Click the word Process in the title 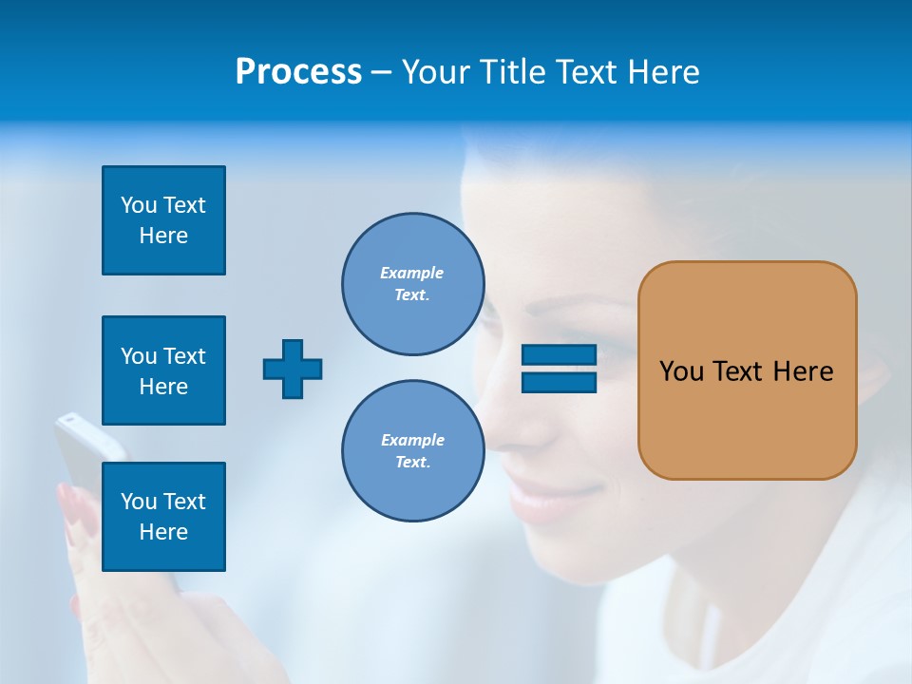[x=298, y=72]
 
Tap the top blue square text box [x=163, y=220]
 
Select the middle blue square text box [x=163, y=370]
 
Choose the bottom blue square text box [x=163, y=517]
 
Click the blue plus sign [x=293, y=369]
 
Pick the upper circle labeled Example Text [x=412, y=283]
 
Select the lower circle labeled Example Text [x=412, y=450]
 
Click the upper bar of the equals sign [x=559, y=355]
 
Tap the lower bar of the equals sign [x=559, y=382]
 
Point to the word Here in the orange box [x=803, y=371]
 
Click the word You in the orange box [x=681, y=371]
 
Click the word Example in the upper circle [x=411, y=273]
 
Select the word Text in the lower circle [x=410, y=463]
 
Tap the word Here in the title [x=665, y=72]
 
